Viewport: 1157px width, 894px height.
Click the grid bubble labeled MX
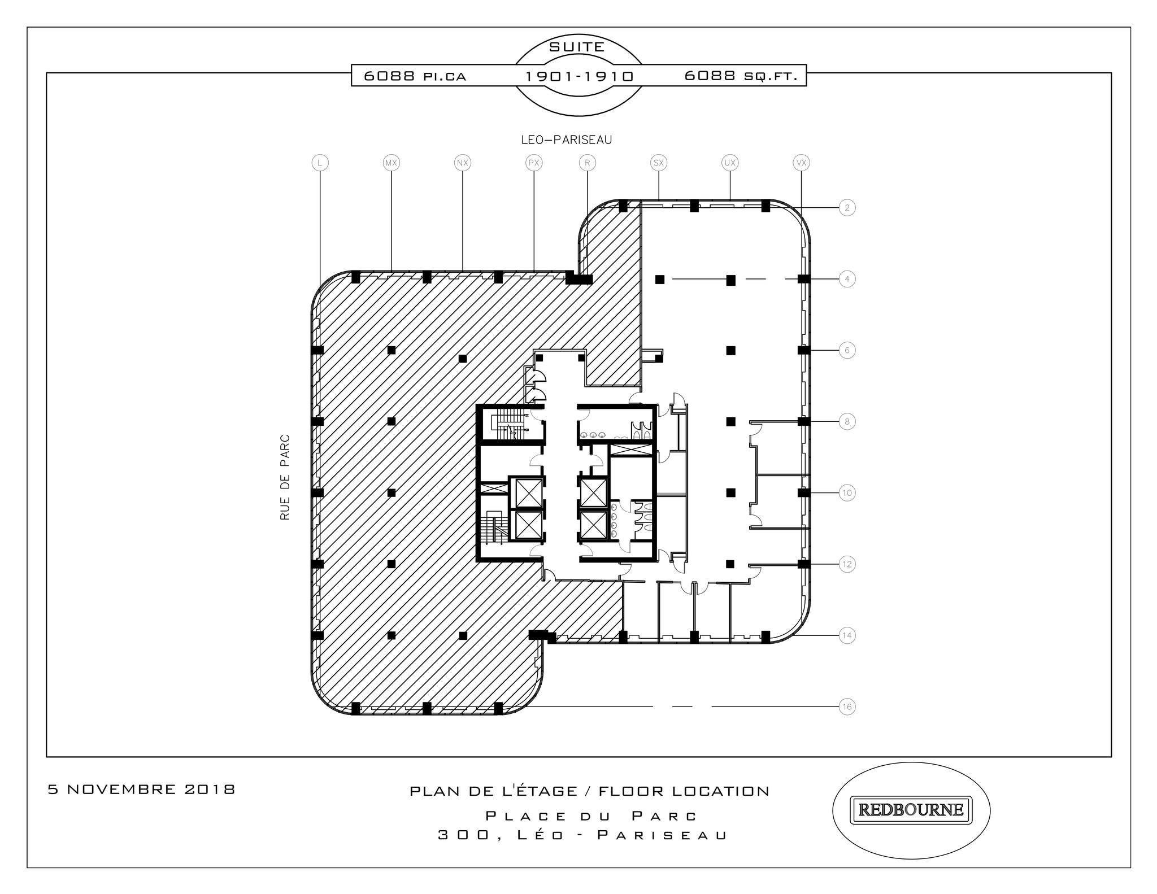[x=391, y=163]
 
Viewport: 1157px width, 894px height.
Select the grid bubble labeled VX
[x=801, y=163]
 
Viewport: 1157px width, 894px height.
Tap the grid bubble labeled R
[x=588, y=163]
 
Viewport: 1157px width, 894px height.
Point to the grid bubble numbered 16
[x=846, y=707]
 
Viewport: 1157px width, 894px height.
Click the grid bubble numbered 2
[x=846, y=208]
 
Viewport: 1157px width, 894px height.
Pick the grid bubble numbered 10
[x=846, y=493]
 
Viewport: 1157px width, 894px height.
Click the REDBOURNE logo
[x=911, y=810]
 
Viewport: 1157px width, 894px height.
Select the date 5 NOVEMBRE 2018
[x=141, y=789]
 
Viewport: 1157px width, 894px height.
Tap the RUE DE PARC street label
[x=285, y=477]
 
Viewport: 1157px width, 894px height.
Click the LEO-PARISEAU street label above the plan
[x=566, y=139]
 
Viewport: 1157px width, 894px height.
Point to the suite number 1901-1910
[x=579, y=76]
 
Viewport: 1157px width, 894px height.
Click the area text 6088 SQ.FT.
[x=741, y=76]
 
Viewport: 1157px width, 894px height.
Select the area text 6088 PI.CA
[x=415, y=76]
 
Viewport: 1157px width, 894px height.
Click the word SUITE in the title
[x=577, y=47]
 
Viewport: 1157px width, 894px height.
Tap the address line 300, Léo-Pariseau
[x=582, y=835]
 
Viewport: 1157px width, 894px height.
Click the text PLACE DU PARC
[x=591, y=816]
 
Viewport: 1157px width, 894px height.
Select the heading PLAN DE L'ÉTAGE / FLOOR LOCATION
[x=589, y=791]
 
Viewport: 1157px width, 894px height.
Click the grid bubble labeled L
[x=320, y=163]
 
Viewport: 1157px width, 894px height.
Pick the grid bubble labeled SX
[x=659, y=163]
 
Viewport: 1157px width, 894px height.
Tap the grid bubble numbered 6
[x=846, y=350]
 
